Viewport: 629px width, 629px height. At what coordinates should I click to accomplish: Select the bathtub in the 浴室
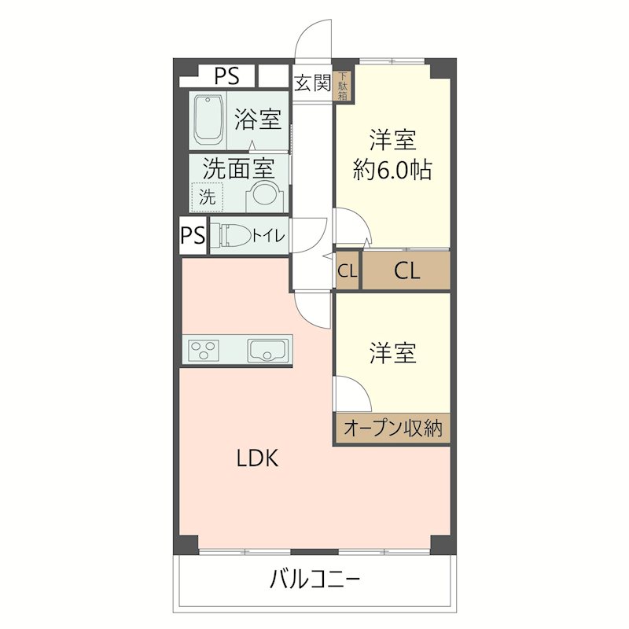(x=209, y=120)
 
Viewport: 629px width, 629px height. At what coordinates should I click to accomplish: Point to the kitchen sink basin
(x=265, y=350)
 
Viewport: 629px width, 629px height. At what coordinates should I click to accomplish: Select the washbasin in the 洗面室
(x=264, y=197)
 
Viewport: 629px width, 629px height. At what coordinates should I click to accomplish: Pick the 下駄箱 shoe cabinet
(x=344, y=86)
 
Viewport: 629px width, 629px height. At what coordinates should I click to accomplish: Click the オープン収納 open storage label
(x=392, y=429)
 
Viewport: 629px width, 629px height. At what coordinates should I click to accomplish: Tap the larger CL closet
(x=406, y=271)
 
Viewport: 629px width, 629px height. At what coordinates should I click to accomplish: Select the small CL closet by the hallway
(x=348, y=271)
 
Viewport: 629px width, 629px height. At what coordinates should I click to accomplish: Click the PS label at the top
(x=227, y=76)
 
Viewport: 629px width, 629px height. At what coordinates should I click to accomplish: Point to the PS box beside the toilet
(x=193, y=236)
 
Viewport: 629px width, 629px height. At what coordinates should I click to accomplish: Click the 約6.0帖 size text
(x=392, y=171)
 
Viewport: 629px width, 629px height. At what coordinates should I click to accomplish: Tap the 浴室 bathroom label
(x=257, y=120)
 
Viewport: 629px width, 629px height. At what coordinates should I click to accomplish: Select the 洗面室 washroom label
(x=237, y=167)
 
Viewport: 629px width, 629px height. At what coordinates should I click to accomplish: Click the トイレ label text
(x=268, y=235)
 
